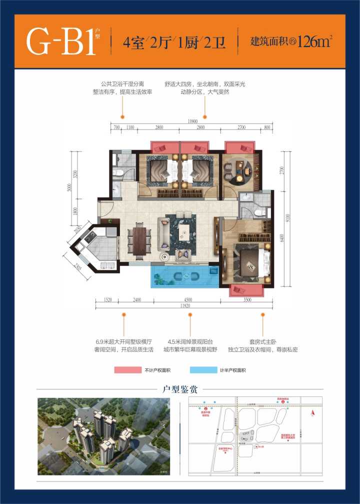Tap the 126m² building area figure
[312, 42]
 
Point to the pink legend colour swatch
[128, 370]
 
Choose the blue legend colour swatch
[204, 370]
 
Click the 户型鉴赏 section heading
[180, 389]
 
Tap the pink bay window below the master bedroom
[245, 290]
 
